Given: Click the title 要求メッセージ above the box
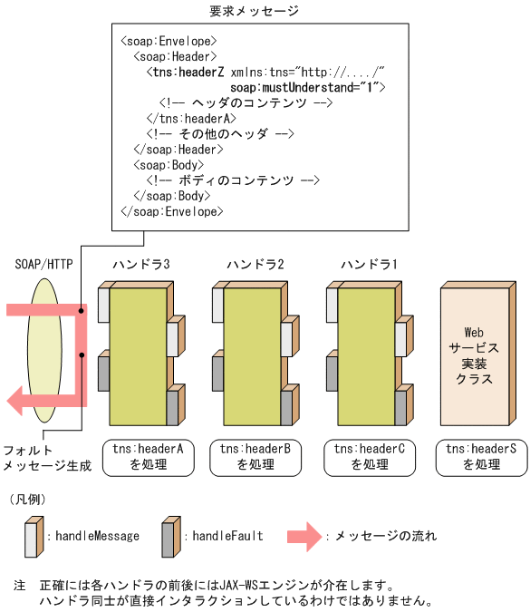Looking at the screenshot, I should (x=254, y=11).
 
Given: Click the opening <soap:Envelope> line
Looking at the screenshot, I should (x=168, y=41).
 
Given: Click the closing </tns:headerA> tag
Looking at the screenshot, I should (x=190, y=118).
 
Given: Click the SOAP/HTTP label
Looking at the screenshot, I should (x=44, y=264).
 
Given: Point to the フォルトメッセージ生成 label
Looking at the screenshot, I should (x=46, y=458).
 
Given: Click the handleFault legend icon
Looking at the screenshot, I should (x=169, y=537).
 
